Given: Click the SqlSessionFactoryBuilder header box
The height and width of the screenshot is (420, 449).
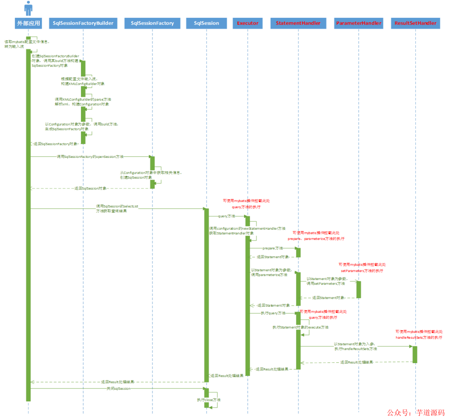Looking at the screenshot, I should (x=83, y=23).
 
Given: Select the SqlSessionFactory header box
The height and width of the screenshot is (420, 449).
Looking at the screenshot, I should (x=152, y=23).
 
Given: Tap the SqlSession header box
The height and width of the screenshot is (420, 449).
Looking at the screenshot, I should (x=206, y=23).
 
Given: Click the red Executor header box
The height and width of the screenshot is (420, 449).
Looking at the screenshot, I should (x=248, y=23).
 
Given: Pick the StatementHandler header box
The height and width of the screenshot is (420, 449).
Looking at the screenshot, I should (x=298, y=23).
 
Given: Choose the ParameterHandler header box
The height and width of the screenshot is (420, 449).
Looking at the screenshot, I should (x=358, y=23).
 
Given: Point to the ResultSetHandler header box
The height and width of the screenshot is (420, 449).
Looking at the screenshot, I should (x=415, y=23).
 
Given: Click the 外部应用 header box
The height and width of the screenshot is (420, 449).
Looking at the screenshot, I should (x=28, y=23).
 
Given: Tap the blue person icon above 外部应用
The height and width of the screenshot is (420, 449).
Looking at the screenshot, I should (x=28, y=8).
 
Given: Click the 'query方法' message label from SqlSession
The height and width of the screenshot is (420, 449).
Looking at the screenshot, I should (x=227, y=216).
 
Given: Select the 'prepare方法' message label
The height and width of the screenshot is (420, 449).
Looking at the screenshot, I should (x=273, y=248).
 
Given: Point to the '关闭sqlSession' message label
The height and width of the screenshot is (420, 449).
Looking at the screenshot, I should (x=118, y=388).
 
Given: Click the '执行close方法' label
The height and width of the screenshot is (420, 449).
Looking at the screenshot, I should (x=209, y=400).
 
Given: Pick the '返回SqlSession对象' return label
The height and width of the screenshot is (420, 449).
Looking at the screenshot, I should (x=90, y=188).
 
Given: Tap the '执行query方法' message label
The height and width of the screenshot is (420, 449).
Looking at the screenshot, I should (x=273, y=313).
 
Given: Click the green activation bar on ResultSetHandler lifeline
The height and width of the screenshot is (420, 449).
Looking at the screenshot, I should (x=414, y=354).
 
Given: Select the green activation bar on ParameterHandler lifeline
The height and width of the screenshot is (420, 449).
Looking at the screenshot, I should (x=358, y=289).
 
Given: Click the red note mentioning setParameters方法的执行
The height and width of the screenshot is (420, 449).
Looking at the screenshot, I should (x=362, y=267).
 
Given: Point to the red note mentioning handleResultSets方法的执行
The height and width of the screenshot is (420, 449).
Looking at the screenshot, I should (x=419, y=335).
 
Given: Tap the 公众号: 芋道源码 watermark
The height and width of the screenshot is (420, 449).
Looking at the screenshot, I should (x=416, y=413).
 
